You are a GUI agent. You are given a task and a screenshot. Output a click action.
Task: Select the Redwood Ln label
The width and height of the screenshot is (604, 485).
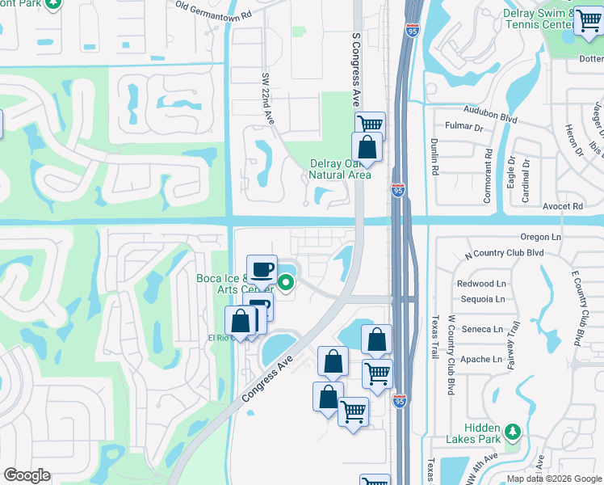point(480,284)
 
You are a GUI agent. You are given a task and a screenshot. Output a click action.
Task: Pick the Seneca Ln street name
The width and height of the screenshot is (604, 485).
point(482,329)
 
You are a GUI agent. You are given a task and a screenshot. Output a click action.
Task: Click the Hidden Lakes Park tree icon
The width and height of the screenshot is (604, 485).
point(512,430)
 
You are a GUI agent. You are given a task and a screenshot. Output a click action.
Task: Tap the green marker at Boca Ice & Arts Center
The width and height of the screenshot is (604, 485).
point(286,282)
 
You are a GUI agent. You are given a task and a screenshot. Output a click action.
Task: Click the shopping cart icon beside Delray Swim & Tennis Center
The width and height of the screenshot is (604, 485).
point(588,22)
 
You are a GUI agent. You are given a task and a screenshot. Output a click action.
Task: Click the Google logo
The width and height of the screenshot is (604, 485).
point(27,475)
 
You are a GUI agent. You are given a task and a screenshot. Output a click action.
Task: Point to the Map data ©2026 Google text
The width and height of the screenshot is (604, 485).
point(553,478)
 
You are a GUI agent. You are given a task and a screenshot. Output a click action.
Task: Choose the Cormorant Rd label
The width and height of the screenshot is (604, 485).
point(489,167)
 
